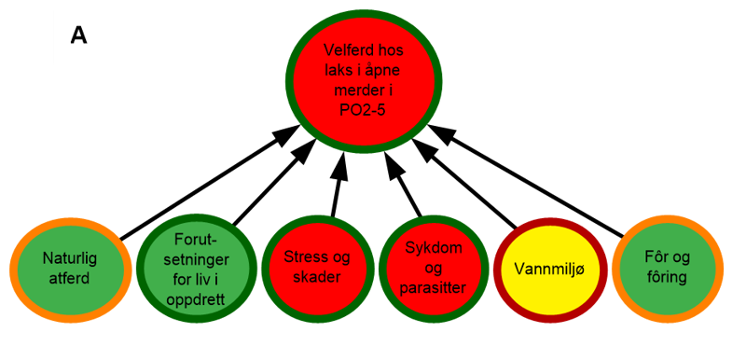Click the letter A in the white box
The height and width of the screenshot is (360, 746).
pyautogui.click(x=79, y=35)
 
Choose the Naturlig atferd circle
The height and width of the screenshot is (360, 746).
pyautogui.click(x=69, y=266)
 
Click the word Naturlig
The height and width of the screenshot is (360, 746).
pyautogui.click(x=69, y=257)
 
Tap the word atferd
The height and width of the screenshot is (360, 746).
pyautogui.click(x=69, y=276)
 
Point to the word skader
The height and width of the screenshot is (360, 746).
pyautogui.click(x=317, y=277)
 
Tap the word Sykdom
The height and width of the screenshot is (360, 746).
pyautogui.click(x=435, y=248)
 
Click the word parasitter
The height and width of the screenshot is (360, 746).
pyautogui.click(x=435, y=287)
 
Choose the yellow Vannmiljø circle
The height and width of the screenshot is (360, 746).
pyautogui.click(x=549, y=268)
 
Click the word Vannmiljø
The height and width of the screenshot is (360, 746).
pyautogui.click(x=549, y=268)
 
